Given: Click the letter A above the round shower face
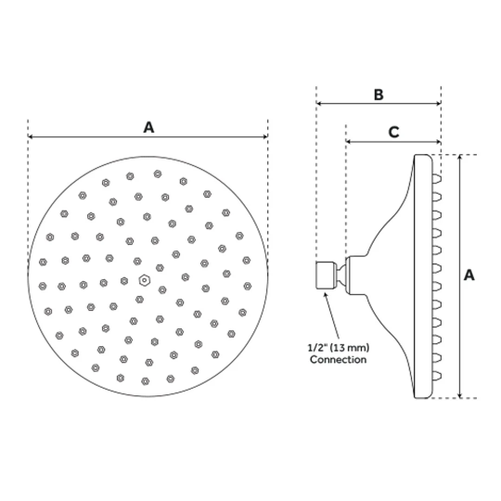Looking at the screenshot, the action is click(x=148, y=127).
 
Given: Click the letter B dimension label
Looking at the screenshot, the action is click(x=379, y=95).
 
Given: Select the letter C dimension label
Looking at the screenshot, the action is click(x=393, y=132).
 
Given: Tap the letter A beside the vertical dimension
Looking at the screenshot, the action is click(x=469, y=276).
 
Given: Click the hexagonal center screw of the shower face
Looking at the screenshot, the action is click(x=145, y=280).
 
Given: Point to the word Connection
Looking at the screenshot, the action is click(x=338, y=359).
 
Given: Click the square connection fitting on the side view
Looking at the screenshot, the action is click(x=326, y=276).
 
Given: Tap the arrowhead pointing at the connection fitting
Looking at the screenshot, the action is click(x=326, y=295).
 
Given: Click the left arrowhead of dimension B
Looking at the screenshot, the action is click(x=319, y=103).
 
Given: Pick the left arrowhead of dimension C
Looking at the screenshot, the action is click(x=349, y=141).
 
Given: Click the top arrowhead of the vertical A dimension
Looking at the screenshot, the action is click(x=460, y=158).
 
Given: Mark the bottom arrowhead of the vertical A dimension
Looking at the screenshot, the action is click(x=460, y=395).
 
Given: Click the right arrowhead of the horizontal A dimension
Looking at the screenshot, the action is click(x=264, y=136).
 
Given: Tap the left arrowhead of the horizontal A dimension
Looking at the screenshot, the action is click(x=31, y=136).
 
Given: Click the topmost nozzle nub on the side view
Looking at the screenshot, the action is click(x=437, y=179).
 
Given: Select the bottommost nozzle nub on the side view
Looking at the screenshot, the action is click(x=437, y=376).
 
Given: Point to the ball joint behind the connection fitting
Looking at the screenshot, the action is click(x=340, y=276).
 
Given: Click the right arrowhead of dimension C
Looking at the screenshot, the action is click(x=438, y=141).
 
